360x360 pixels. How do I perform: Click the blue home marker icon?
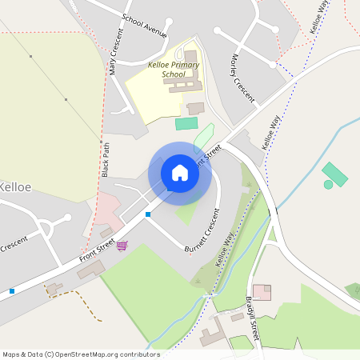point(180,173)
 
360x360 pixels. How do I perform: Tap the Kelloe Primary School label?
point(174,69)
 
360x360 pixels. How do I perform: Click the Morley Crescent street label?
point(243,78)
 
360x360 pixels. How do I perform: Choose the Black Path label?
point(106,159)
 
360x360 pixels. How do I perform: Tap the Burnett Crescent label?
point(201,232)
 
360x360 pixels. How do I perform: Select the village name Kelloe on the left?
point(15,186)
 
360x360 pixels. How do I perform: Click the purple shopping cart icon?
point(121,245)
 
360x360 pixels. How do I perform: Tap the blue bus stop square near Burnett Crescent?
point(148,214)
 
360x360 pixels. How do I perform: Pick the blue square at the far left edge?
point(11,291)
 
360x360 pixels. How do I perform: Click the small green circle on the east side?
point(328,185)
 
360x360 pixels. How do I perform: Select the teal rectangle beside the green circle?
point(334,174)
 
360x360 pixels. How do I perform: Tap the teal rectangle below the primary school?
point(186,123)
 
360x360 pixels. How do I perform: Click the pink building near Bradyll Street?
point(262,292)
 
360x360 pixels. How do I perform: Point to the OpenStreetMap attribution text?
point(81,354)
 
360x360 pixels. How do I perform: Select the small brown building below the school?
point(195,108)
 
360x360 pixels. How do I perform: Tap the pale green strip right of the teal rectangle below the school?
point(204,136)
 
